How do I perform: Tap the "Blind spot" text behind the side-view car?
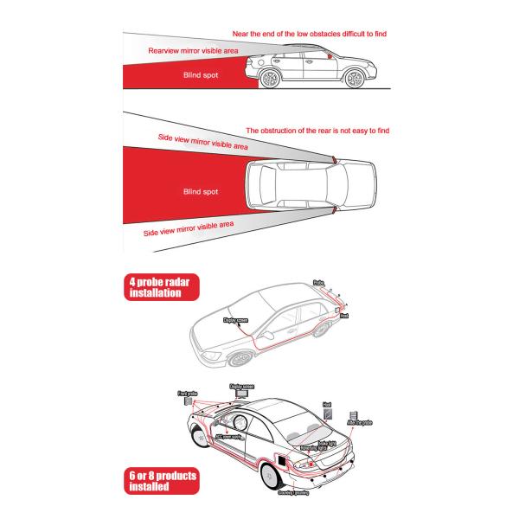tap(201, 76)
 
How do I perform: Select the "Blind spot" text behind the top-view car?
tap(201, 191)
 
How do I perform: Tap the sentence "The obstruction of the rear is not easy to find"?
tap(318, 131)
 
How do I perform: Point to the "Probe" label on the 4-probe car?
tap(317, 282)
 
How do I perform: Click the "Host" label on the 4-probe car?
tap(343, 317)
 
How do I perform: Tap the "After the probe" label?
tap(359, 423)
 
